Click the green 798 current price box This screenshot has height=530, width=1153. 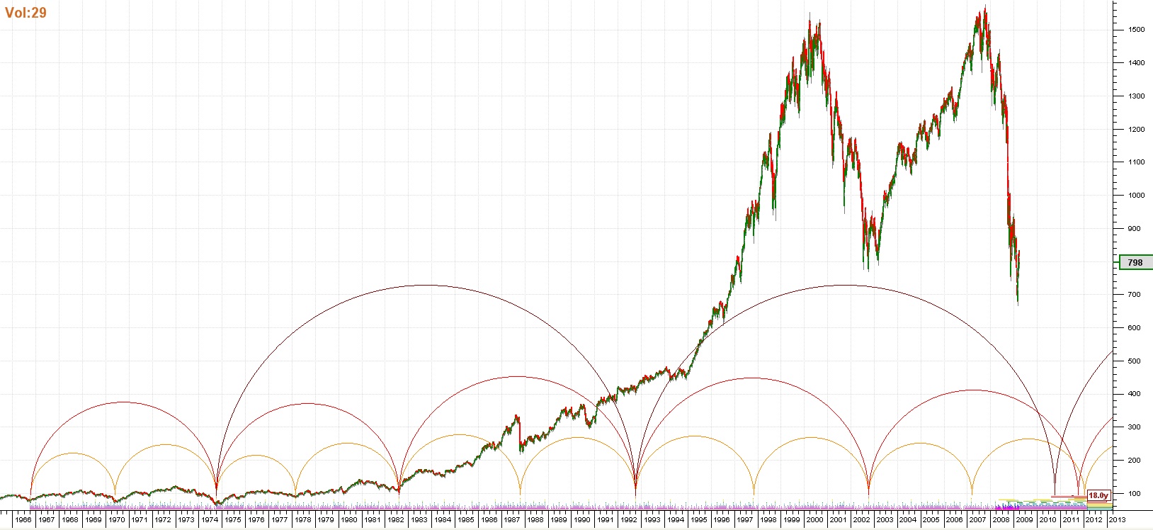click(x=1135, y=262)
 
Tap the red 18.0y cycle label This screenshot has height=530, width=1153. click(x=1098, y=495)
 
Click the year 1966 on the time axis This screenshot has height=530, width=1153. click(x=23, y=519)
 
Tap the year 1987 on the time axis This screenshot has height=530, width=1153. click(x=512, y=519)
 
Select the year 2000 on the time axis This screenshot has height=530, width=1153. click(x=814, y=519)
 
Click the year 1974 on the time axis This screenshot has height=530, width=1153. click(x=210, y=519)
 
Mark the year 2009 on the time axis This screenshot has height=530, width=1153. click(x=1024, y=519)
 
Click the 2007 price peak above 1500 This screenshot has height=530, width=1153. click(x=985, y=7)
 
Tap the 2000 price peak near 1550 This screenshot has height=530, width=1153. click(x=810, y=13)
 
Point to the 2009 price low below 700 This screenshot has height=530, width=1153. click(x=1018, y=305)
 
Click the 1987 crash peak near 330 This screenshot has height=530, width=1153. click(x=517, y=416)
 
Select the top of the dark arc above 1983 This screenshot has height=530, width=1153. click(x=424, y=285)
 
